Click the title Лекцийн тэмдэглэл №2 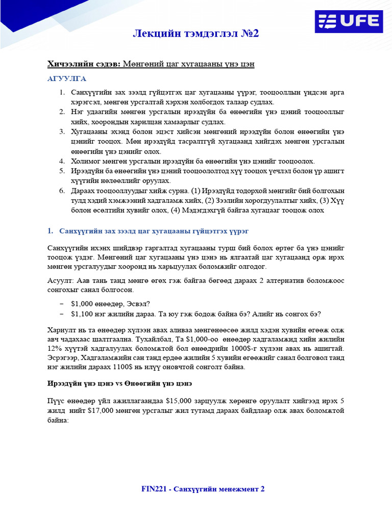coord(196,34)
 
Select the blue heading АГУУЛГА coord(67,79)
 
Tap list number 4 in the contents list coord(61,161)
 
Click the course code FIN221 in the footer coord(155,489)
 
